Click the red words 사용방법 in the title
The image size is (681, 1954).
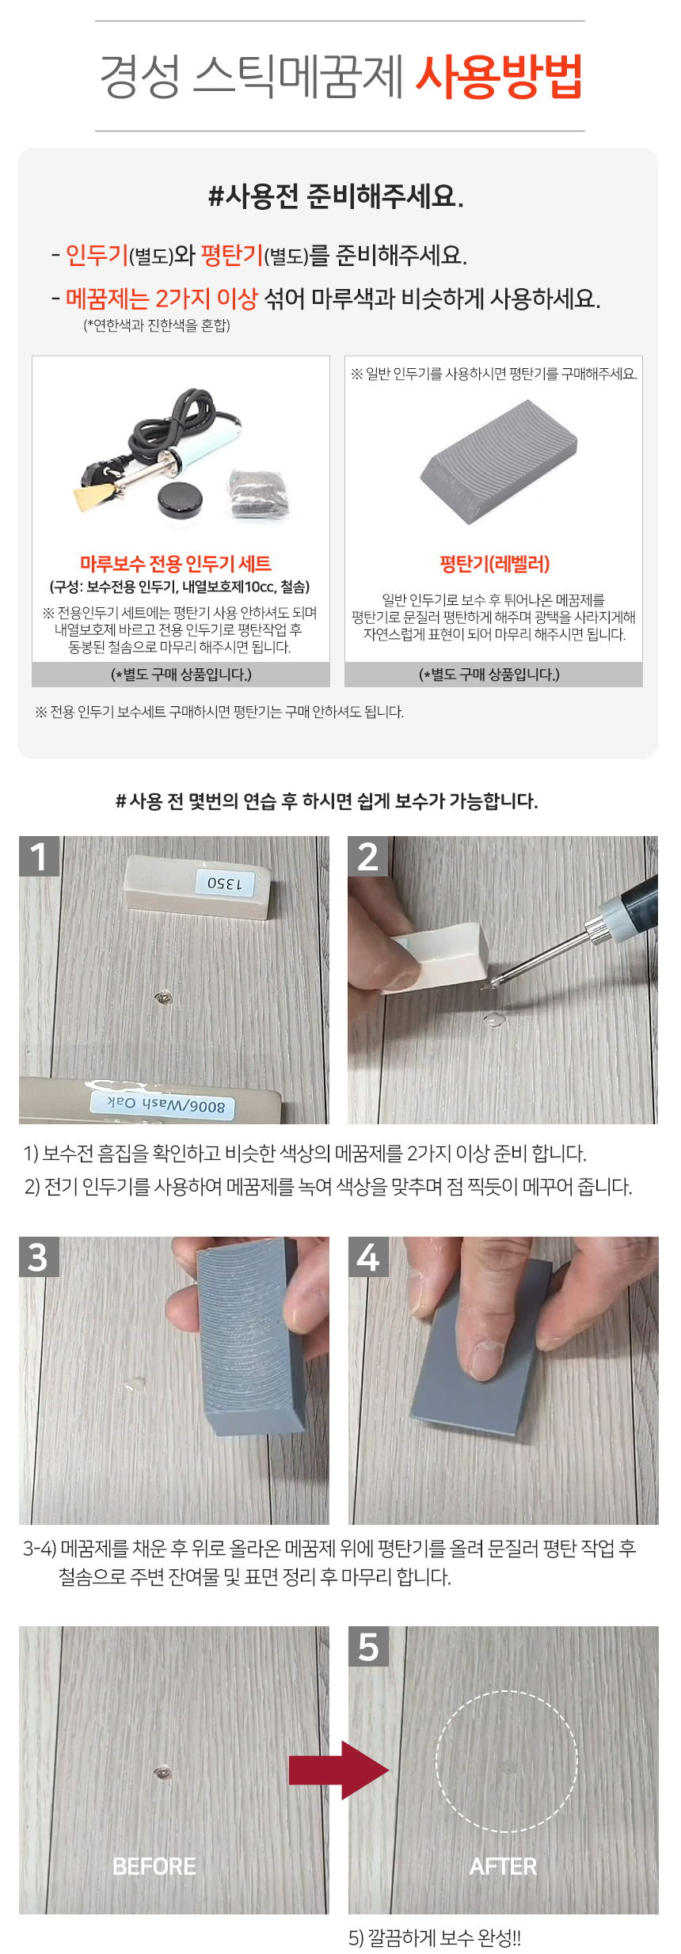click(x=499, y=77)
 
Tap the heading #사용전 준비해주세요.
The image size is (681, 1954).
click(x=336, y=196)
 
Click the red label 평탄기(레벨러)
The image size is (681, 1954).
click(x=494, y=564)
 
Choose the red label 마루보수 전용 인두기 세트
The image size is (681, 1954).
click(x=176, y=564)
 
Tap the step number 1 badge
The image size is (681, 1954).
click(x=39, y=856)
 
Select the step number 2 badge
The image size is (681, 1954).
click(x=368, y=856)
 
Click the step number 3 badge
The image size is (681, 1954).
click(x=39, y=1256)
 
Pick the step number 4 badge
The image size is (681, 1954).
click(x=368, y=1256)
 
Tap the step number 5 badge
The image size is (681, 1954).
click(x=368, y=1646)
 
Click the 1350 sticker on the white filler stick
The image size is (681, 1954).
click(x=225, y=883)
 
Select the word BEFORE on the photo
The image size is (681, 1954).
click(x=154, y=1866)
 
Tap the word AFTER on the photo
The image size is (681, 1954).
click(x=504, y=1866)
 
